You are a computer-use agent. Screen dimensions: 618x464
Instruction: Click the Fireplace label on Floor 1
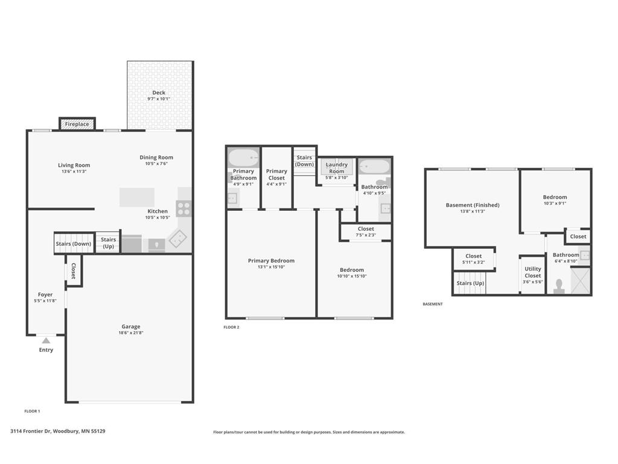[x=77, y=124]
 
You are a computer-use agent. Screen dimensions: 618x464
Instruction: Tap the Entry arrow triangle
[x=46, y=341]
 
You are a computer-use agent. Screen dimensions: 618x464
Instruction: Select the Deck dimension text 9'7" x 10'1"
[x=159, y=98]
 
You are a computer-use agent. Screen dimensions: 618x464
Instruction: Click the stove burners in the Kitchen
[x=183, y=208]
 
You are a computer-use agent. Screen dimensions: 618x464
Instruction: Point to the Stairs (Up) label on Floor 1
[x=109, y=243]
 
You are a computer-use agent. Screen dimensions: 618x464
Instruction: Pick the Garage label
[x=131, y=326]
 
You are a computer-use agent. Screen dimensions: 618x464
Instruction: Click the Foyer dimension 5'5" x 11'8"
[x=45, y=301]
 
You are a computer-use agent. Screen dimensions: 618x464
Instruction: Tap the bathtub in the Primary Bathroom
[x=244, y=158]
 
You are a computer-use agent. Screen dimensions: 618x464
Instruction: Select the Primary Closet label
[x=276, y=175]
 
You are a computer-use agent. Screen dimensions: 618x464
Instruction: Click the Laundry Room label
[x=337, y=168]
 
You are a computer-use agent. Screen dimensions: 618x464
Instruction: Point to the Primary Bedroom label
[x=271, y=260]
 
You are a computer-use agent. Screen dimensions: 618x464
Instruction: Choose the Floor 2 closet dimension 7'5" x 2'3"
[x=366, y=235]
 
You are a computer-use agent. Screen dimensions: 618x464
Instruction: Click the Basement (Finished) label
[x=473, y=205]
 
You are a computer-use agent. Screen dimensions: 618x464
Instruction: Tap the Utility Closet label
[x=533, y=272]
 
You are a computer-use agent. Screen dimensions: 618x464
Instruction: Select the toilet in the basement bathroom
[x=559, y=287]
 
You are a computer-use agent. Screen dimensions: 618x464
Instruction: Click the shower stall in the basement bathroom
[x=580, y=281]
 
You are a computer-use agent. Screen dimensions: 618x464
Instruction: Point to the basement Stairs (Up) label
[x=470, y=283]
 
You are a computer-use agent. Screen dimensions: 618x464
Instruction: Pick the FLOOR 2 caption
[x=231, y=327]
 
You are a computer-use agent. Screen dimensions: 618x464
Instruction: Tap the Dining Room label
[x=156, y=157]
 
